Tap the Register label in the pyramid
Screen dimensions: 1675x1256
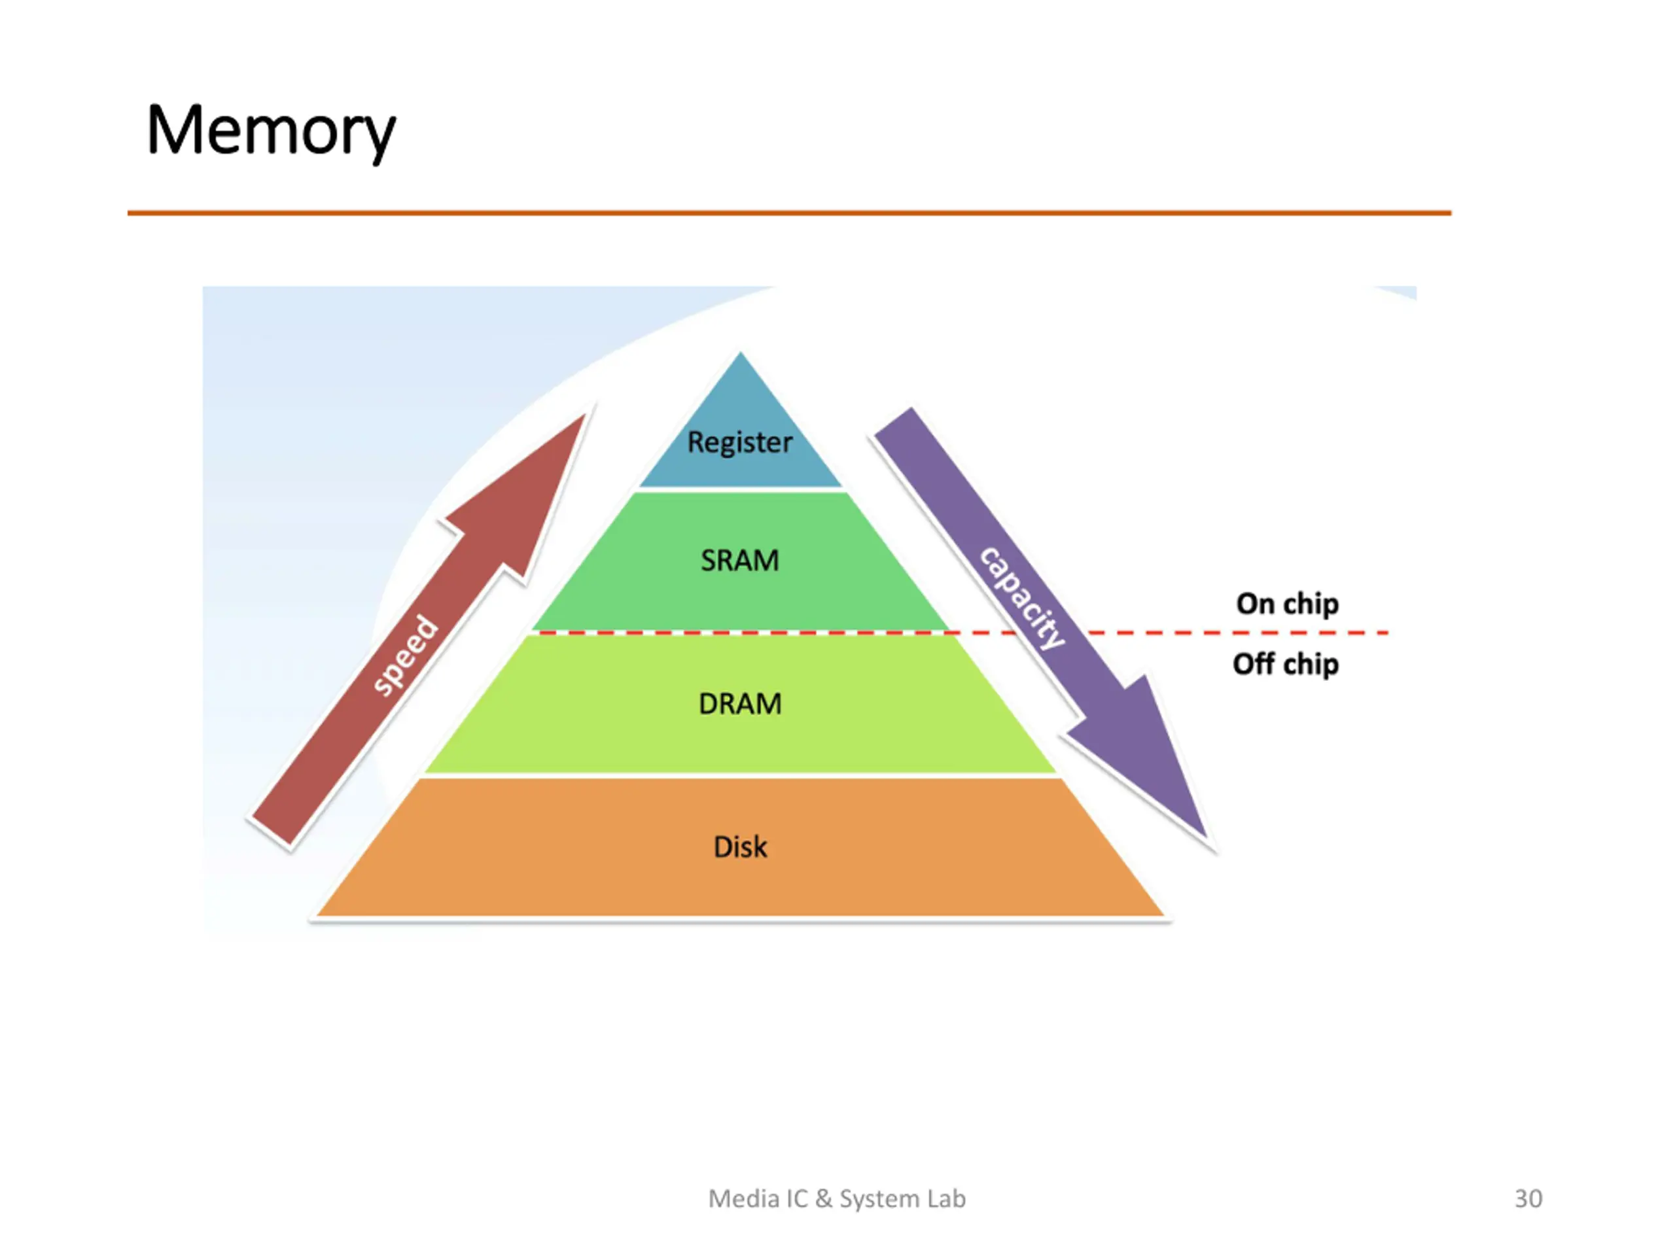click(740, 443)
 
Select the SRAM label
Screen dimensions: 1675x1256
click(740, 560)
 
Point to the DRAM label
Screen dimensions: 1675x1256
click(740, 704)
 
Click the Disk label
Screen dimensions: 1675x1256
click(740, 846)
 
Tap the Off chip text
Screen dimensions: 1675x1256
click(1286, 664)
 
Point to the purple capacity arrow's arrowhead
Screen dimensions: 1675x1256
click(1205, 838)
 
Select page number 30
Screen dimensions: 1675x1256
click(1528, 1198)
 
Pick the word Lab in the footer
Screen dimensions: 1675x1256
click(947, 1198)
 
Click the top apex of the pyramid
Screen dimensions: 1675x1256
click(741, 352)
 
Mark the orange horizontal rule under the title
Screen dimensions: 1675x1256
click(789, 213)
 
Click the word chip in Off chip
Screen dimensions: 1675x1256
click(1311, 665)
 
